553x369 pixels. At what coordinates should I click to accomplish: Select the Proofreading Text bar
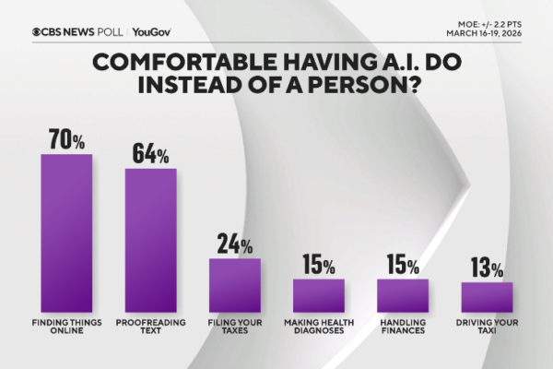(150, 240)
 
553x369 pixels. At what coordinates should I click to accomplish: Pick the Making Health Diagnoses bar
(318, 294)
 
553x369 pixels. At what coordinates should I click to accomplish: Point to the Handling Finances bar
(403, 294)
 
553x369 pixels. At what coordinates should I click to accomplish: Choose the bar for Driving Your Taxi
(487, 296)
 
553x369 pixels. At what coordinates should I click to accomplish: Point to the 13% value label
(486, 268)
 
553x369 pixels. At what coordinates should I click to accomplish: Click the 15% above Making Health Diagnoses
(318, 266)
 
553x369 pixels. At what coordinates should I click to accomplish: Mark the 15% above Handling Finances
(403, 266)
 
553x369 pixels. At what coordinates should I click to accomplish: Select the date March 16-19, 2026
(497, 36)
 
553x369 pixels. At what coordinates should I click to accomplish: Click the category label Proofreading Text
(150, 326)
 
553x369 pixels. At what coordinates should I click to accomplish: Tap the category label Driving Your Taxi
(487, 326)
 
